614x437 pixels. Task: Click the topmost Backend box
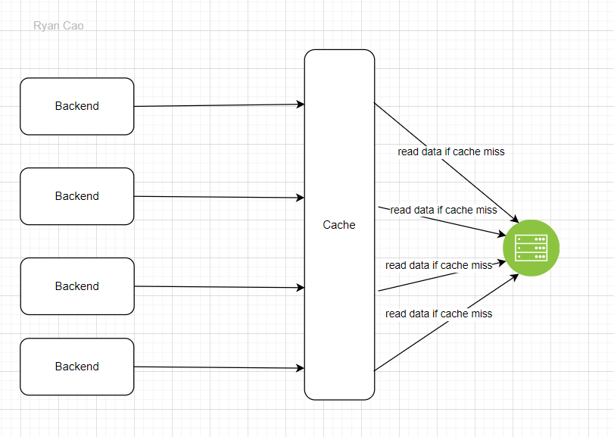point(76,106)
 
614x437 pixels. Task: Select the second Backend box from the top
point(76,196)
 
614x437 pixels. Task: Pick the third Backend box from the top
point(76,286)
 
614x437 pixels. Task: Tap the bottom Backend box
point(76,367)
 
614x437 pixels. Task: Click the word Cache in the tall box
point(339,225)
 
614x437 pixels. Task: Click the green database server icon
point(531,248)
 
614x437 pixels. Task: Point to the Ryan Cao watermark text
point(58,26)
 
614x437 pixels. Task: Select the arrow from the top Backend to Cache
point(220,105)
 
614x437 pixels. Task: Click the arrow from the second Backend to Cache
point(220,197)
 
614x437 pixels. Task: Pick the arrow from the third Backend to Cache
point(220,287)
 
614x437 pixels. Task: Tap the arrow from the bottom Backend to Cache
point(220,368)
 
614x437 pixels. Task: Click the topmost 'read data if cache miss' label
point(451,151)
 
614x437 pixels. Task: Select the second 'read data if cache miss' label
point(444,210)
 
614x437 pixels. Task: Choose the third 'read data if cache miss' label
point(438,265)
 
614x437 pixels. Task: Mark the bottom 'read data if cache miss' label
point(438,314)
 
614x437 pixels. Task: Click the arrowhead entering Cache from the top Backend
point(301,105)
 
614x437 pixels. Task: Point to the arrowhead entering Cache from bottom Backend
point(301,369)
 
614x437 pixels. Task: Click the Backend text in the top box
point(76,106)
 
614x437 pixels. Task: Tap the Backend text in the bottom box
point(76,367)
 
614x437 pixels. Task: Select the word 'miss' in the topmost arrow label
point(494,151)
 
